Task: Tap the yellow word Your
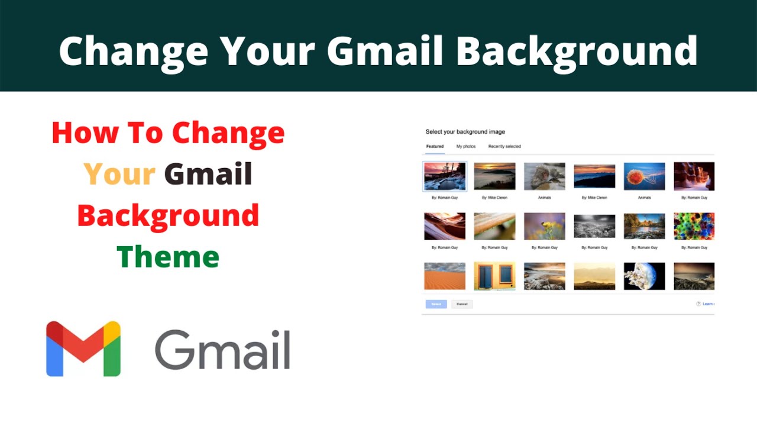click(x=119, y=174)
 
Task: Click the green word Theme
click(x=168, y=257)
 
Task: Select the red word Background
click(x=168, y=215)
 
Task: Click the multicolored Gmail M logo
click(x=83, y=349)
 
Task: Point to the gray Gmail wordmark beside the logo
click(x=222, y=350)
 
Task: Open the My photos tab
click(x=465, y=146)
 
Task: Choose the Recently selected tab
click(x=504, y=146)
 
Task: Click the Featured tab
click(x=435, y=146)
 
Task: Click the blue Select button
click(x=436, y=304)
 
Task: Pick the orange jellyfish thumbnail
click(x=644, y=176)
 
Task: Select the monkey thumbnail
click(x=544, y=176)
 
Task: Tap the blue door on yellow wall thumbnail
click(x=494, y=276)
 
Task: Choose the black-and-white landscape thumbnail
click(x=594, y=226)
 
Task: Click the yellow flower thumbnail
click(x=544, y=226)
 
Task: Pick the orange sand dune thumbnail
click(x=445, y=276)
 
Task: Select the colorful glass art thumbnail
click(x=694, y=226)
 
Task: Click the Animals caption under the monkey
click(x=544, y=198)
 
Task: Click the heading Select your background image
click(x=465, y=131)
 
